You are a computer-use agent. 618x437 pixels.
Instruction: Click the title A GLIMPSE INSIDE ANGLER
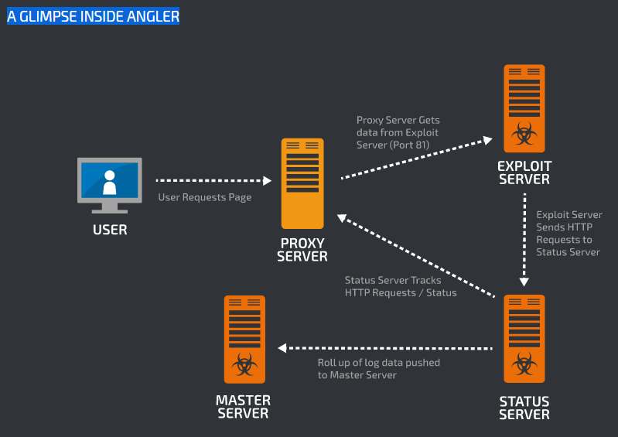93,16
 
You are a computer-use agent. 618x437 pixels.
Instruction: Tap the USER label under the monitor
110,230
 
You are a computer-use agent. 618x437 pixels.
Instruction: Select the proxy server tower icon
302,183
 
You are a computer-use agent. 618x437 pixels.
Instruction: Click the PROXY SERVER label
302,250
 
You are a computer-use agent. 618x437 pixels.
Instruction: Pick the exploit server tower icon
524,108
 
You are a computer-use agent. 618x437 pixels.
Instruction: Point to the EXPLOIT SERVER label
524,172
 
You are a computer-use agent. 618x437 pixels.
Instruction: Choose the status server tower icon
524,339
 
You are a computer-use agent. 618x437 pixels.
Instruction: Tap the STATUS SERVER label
524,408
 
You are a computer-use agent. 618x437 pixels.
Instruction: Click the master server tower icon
244,339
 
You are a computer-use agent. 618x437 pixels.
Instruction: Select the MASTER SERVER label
244,406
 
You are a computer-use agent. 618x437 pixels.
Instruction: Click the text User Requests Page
205,197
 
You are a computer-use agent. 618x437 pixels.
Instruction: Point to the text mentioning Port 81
398,132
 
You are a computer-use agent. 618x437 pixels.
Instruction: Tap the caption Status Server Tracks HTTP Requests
401,286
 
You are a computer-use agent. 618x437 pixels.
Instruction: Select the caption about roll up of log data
379,369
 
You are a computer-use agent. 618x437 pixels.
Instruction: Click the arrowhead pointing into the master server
282,349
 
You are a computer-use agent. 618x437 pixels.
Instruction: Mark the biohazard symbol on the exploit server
524,136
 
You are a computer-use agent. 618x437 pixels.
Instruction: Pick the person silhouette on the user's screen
110,183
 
